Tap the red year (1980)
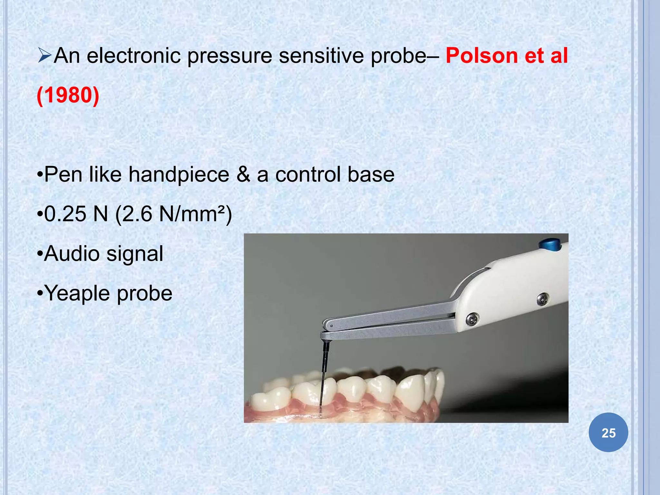point(68,95)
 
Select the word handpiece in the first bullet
point(179,174)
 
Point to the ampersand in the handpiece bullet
point(243,174)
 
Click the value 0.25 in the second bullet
point(65,214)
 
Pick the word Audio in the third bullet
point(72,254)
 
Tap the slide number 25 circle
point(608,432)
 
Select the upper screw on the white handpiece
point(543,298)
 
